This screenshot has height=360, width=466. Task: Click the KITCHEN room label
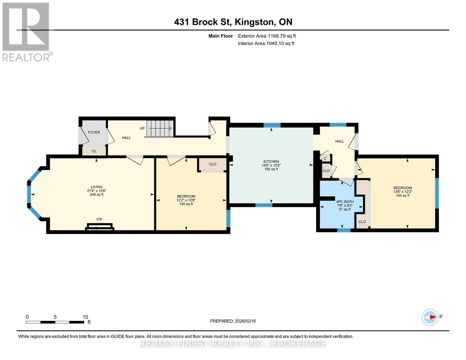[271, 161]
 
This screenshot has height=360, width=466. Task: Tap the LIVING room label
[97, 187]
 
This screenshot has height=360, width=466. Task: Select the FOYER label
[94, 132]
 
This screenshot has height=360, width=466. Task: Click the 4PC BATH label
[345, 202]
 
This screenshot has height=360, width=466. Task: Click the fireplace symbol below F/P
[100, 227]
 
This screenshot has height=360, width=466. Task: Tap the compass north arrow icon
[430, 317]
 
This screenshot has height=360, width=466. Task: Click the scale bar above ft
[55, 322]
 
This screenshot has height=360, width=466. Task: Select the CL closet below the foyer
[94, 151]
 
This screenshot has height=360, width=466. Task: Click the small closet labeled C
[325, 159]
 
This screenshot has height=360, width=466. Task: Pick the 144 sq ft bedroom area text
[402, 196]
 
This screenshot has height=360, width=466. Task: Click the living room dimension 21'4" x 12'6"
[97, 191]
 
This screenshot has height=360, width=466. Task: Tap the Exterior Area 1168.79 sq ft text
[267, 36]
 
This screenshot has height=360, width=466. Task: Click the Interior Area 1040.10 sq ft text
[266, 43]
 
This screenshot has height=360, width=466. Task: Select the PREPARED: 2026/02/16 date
[233, 321]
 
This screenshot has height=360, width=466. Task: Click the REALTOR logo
[26, 32]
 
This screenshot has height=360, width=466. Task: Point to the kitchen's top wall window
[272, 125]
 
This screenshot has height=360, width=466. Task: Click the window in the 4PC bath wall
[344, 230]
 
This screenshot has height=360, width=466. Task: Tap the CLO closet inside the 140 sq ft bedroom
[213, 164]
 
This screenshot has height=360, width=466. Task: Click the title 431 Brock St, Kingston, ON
[233, 22]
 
